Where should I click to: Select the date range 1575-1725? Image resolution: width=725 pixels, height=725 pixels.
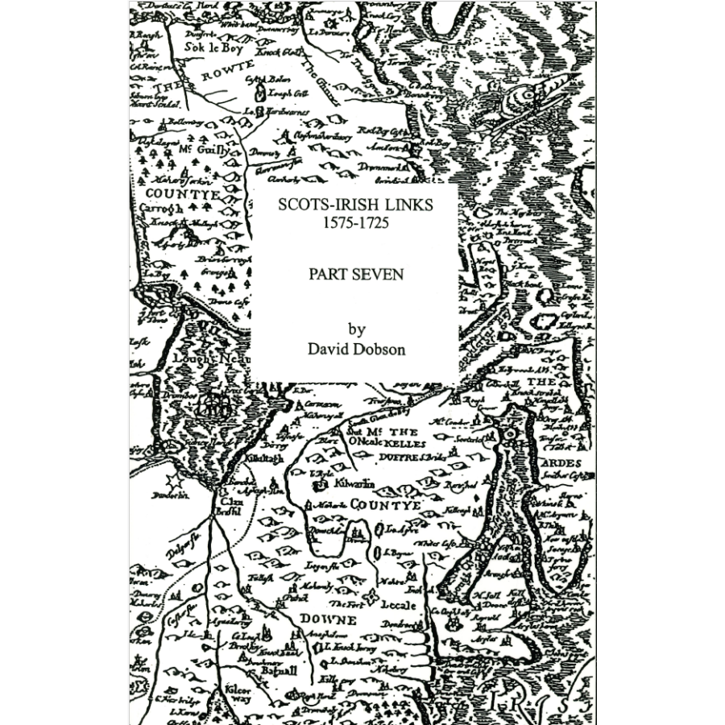click(x=354, y=223)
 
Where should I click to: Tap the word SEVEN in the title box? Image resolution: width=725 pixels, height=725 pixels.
click(x=378, y=274)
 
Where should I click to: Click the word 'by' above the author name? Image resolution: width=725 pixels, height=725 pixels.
click(x=356, y=329)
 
